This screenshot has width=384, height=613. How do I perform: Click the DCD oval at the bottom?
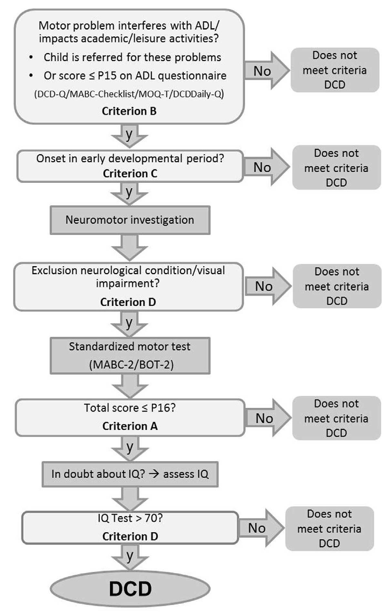(x=130, y=588)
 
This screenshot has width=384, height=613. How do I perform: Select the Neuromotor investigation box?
(x=130, y=220)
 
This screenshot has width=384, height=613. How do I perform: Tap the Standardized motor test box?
(x=130, y=355)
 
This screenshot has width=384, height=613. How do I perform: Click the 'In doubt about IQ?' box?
(x=130, y=474)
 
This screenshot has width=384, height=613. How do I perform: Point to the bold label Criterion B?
(x=129, y=111)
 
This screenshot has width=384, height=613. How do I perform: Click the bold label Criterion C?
(x=130, y=173)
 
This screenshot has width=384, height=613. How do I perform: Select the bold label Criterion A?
(x=130, y=426)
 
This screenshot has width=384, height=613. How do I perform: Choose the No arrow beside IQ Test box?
(x=260, y=528)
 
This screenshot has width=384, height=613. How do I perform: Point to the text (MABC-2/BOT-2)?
(x=131, y=365)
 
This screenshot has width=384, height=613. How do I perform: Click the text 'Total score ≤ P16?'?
(x=130, y=408)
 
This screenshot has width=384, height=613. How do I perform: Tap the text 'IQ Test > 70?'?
(x=130, y=518)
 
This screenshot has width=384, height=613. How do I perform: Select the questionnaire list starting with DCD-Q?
(x=129, y=94)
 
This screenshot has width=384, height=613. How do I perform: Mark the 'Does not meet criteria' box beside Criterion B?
(x=335, y=70)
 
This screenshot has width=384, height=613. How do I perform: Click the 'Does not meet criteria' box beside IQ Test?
(x=329, y=528)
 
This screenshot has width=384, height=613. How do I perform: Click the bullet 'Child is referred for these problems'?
(x=132, y=57)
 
